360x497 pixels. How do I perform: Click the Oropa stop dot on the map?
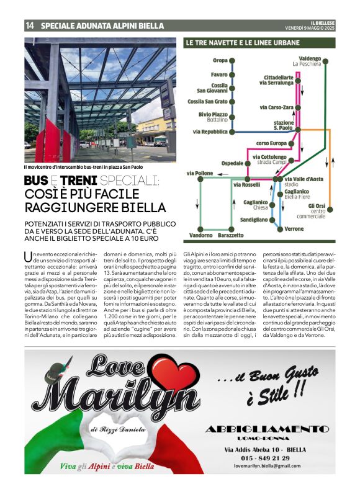[x=233, y=61]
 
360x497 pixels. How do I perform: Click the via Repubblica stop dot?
[x=233, y=132]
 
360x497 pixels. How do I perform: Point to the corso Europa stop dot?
[x=274, y=143]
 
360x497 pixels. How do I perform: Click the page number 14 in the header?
[x=30, y=26]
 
